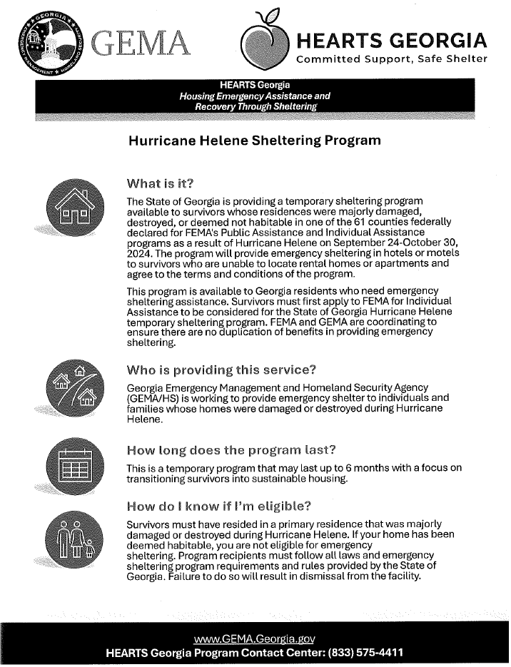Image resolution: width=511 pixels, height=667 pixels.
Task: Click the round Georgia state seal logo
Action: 43,43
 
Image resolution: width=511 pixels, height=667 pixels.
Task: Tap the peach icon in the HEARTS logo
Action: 265,44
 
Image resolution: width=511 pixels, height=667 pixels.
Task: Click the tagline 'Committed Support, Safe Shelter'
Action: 392,58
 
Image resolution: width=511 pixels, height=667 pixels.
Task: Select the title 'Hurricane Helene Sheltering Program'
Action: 253,141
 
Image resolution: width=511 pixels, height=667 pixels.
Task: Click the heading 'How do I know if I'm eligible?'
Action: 219,507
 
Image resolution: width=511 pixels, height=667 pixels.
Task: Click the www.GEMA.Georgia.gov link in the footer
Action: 255,638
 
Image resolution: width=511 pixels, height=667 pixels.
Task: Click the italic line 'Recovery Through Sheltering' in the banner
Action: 255,106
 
